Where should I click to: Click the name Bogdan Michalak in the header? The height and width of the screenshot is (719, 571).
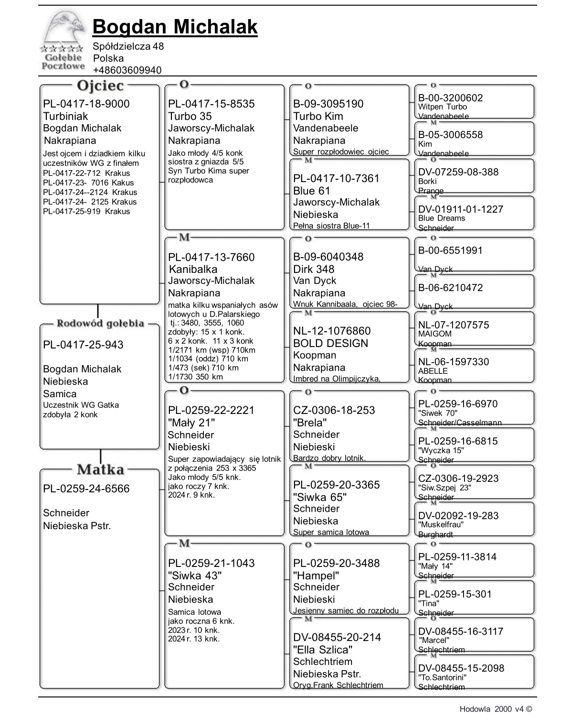[175, 27]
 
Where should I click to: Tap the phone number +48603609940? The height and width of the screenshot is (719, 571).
[127, 70]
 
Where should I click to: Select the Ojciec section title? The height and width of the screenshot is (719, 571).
[100, 86]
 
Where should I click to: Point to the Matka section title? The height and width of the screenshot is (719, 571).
[100, 469]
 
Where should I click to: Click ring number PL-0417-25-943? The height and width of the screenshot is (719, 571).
[83, 345]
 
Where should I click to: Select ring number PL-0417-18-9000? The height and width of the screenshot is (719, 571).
[86, 104]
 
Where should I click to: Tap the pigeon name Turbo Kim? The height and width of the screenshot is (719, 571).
[318, 116]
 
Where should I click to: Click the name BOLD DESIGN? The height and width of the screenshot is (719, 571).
[330, 343]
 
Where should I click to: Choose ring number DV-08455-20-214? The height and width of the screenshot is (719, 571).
[337, 637]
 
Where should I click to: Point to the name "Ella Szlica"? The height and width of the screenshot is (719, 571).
[323, 650]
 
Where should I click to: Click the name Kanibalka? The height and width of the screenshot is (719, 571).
[193, 269]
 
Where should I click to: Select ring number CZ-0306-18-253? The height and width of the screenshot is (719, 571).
[334, 410]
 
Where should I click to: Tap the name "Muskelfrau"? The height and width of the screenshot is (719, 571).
[441, 524]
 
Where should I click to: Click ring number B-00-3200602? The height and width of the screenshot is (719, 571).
[450, 98]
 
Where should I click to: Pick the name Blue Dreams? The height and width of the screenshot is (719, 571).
[441, 218]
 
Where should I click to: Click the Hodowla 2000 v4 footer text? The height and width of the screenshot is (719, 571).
[496, 709]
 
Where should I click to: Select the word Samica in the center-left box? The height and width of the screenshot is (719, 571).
[60, 394]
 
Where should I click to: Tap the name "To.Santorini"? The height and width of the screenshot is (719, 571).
[442, 677]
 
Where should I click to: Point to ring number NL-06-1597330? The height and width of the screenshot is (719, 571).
[454, 362]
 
